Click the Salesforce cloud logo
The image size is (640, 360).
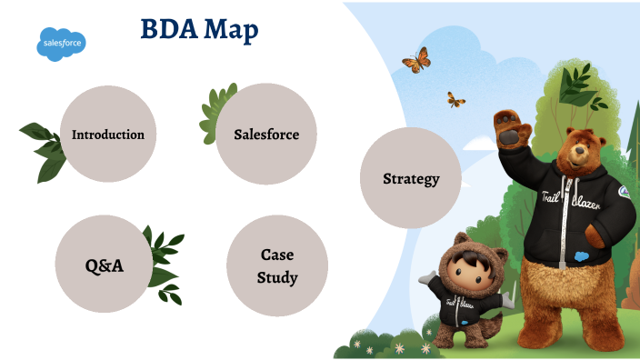[x=62, y=43]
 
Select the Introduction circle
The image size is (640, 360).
[x=108, y=135]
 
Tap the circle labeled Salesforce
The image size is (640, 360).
[x=266, y=135]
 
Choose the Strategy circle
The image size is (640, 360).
[x=410, y=178]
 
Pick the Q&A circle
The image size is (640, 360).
[x=104, y=265]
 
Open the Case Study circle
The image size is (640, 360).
[x=277, y=265]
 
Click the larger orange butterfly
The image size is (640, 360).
[x=415, y=61]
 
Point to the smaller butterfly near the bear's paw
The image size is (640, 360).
[x=455, y=99]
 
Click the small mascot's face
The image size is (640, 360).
[x=463, y=272]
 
